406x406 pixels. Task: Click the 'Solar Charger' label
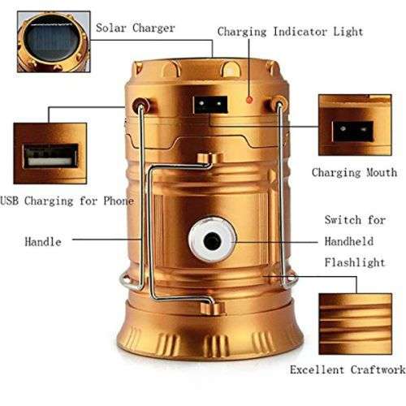coord(135,28)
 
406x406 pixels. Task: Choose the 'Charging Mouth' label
coord(354,172)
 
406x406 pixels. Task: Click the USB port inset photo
coord(50,153)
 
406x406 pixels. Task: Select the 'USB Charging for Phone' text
coord(67,200)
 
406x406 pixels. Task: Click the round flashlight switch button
coord(210,241)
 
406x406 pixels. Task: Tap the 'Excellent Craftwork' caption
coord(348,369)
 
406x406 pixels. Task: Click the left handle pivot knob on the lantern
coord(141,105)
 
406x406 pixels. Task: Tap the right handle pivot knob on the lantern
coord(279,104)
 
